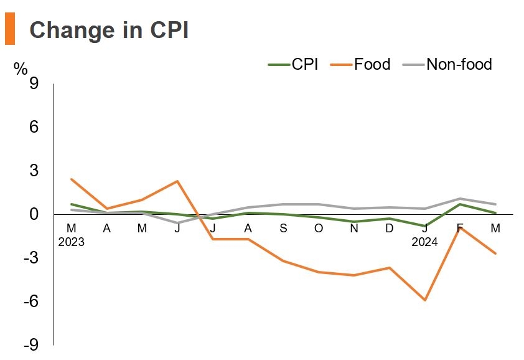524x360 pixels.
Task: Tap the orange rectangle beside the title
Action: click(9, 29)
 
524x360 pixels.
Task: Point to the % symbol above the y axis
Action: click(21, 69)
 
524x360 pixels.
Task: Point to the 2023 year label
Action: click(71, 242)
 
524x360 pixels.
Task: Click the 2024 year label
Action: click(425, 242)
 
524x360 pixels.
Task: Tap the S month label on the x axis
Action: click(283, 229)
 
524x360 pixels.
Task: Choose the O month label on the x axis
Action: click(319, 229)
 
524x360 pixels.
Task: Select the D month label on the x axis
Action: click(390, 229)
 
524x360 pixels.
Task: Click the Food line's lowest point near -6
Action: click(425, 300)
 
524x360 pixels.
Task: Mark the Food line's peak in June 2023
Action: click(177, 181)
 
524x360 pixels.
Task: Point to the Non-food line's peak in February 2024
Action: click(461, 199)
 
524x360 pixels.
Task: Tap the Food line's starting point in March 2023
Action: click(72, 179)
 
